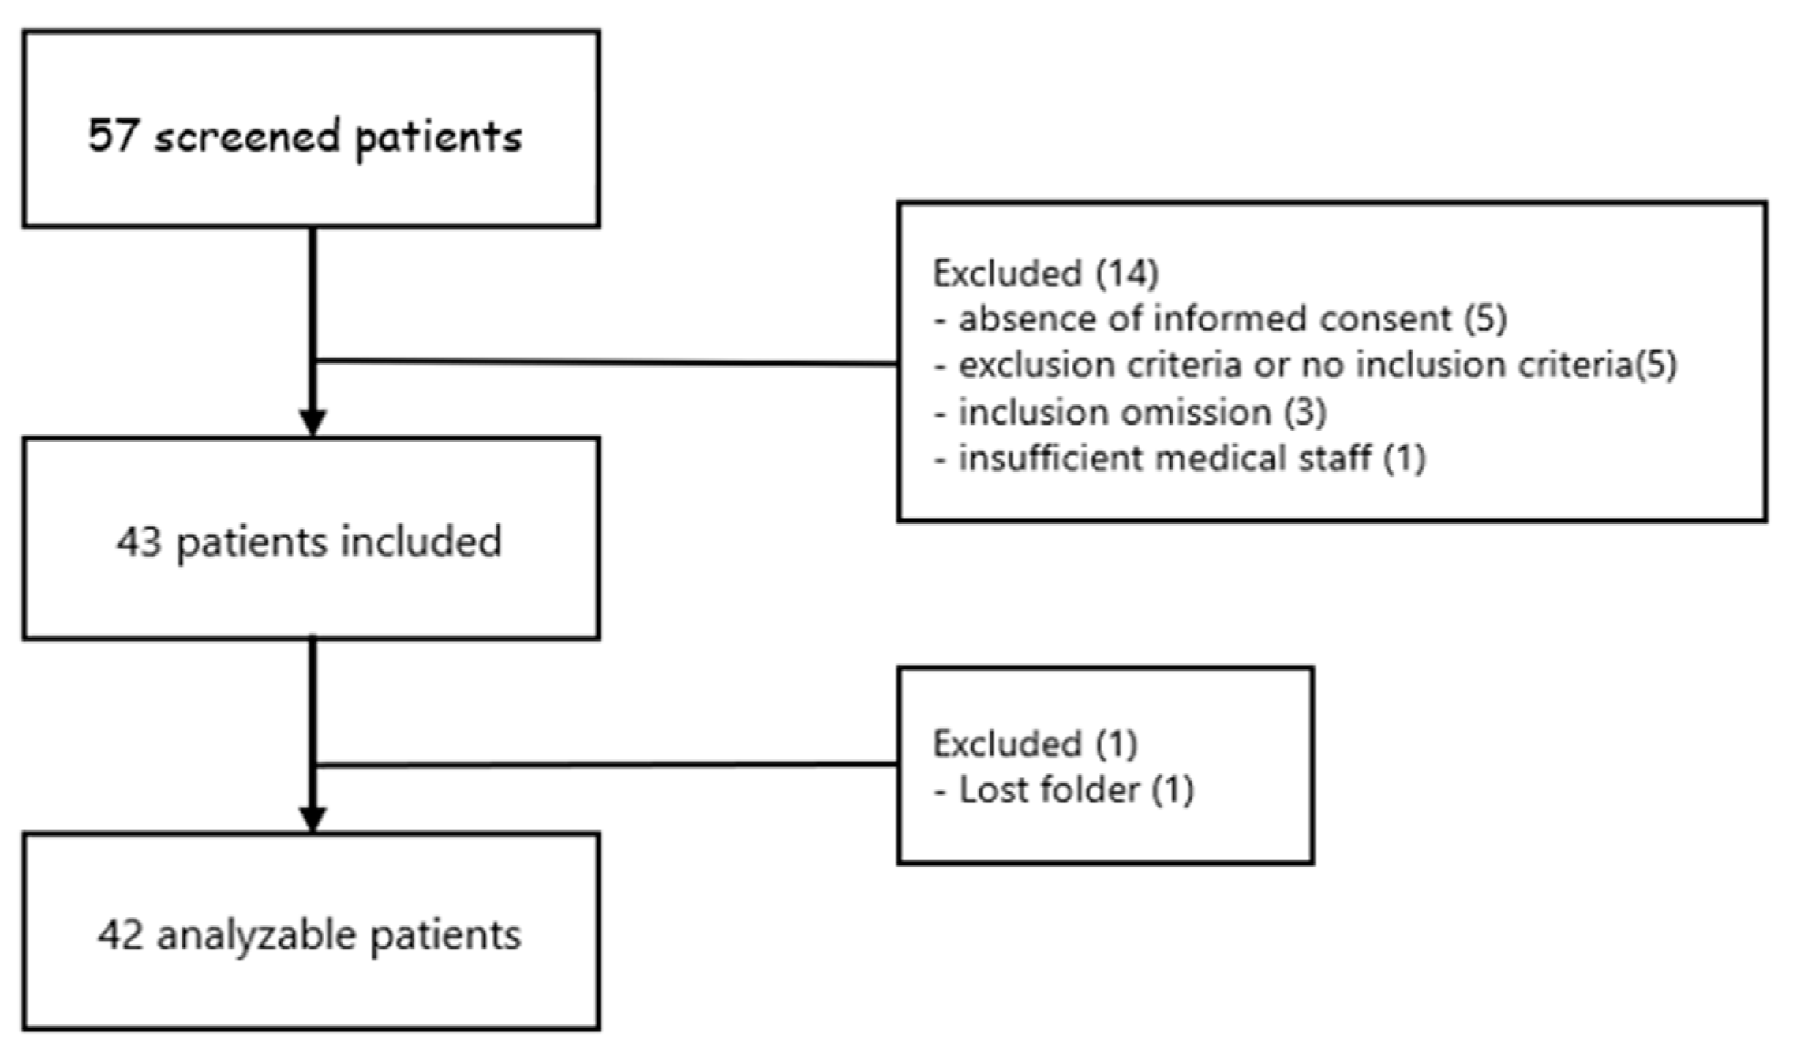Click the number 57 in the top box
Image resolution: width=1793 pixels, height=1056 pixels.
(x=112, y=136)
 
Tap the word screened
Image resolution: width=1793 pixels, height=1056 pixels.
(x=248, y=137)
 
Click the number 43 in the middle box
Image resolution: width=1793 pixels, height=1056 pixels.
(x=139, y=541)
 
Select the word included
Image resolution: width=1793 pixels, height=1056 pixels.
(x=421, y=541)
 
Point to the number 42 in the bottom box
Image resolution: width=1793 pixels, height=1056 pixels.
(x=121, y=934)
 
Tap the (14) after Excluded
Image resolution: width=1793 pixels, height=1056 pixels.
(x=1127, y=274)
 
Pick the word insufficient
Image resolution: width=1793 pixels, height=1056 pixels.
(x=1050, y=459)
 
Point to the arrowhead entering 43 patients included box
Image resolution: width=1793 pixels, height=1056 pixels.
(x=313, y=421)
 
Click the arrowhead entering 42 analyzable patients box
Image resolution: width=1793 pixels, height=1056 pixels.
(x=313, y=818)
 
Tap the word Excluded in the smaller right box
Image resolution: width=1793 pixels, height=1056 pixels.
(x=1007, y=744)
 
